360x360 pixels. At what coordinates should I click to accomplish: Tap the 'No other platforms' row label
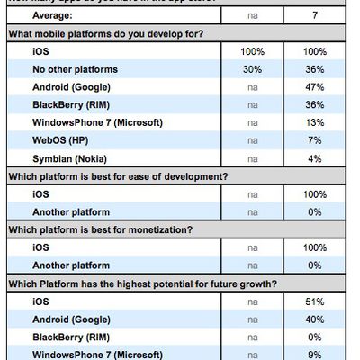[76, 68]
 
